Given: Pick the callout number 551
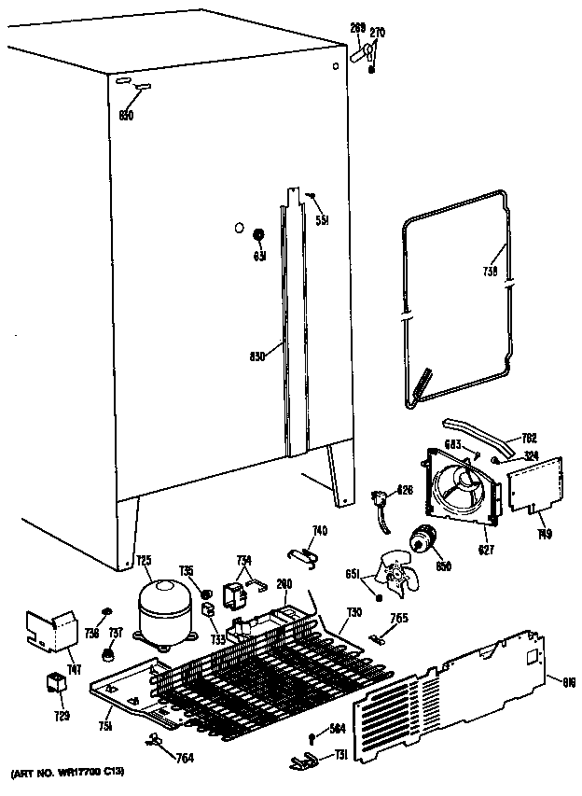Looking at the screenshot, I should (322, 221).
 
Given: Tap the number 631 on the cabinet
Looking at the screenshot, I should (261, 257).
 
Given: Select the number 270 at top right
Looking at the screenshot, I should (377, 33).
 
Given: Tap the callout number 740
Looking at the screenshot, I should (319, 531).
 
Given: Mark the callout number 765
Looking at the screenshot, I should (399, 617).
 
